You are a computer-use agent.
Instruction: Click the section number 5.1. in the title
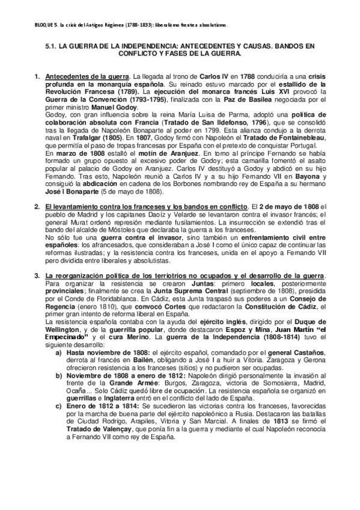coord(53,46)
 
